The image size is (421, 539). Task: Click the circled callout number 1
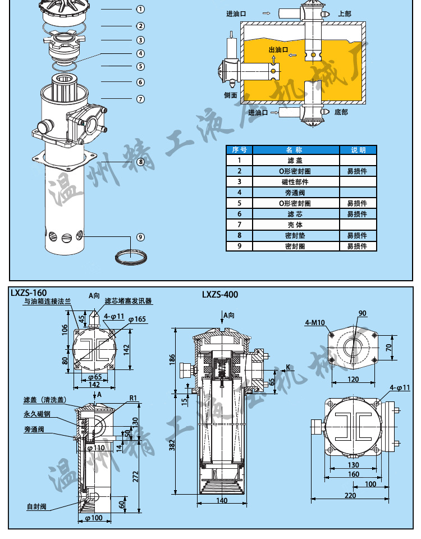pos(140,9)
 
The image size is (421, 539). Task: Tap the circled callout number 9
pos(140,236)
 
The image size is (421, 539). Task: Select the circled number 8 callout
pos(140,162)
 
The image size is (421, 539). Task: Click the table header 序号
pos(240,150)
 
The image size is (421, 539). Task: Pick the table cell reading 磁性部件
pos(295,182)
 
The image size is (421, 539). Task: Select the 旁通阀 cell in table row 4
pos(295,193)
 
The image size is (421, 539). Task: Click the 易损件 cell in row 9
pos(356,246)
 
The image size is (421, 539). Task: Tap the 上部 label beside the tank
pos(345,13)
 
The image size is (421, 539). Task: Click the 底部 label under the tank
pos(341,112)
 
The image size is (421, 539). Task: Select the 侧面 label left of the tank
pos(231,95)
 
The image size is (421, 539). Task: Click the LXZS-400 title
pos(220,294)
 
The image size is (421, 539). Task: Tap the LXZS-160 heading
pos(28,293)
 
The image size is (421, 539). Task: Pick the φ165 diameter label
pos(137,319)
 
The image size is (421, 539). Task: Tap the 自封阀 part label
pos(35,506)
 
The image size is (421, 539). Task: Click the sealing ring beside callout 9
pos(131,255)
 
